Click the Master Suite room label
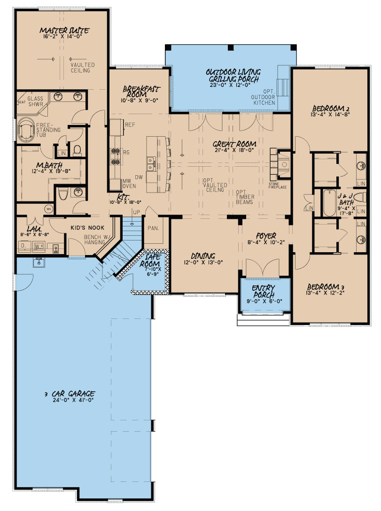click(65, 31)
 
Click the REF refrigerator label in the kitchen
click(130, 124)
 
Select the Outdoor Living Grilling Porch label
click(233, 75)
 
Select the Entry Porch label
click(263, 291)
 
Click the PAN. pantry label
click(153, 228)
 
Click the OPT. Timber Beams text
click(245, 197)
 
